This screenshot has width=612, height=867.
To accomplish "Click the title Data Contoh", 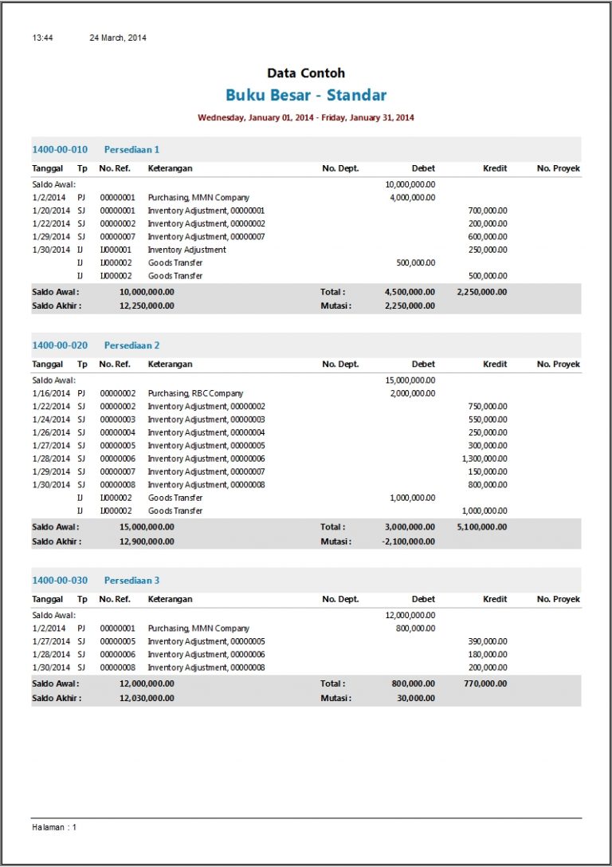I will (306, 73).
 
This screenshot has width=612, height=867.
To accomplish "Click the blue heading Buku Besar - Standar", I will (306, 96).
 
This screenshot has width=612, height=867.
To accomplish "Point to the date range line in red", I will (306, 118).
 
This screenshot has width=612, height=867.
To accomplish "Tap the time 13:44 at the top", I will (42, 37).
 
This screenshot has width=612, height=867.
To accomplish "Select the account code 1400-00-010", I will (60, 149).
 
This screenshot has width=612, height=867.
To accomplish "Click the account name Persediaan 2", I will (131, 345).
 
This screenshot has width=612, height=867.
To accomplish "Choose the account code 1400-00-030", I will (60, 580).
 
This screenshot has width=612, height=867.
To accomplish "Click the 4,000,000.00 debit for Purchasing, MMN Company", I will (412, 197).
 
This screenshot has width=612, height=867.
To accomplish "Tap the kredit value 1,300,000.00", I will (484, 459).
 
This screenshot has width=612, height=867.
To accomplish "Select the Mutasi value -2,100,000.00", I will (410, 542).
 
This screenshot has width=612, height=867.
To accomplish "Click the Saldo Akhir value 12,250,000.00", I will (147, 305).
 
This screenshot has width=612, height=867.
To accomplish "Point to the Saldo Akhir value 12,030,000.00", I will (147, 698).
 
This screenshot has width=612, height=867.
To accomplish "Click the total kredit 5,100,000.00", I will (482, 527).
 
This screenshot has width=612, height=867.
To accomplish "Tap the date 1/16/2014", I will (50, 393).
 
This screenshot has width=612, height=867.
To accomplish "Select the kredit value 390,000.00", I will (488, 641).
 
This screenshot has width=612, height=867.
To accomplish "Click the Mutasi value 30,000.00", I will (417, 698).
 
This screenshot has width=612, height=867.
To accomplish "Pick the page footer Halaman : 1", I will (54, 827).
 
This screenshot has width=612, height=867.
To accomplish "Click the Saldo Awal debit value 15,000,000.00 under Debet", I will (410, 380).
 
